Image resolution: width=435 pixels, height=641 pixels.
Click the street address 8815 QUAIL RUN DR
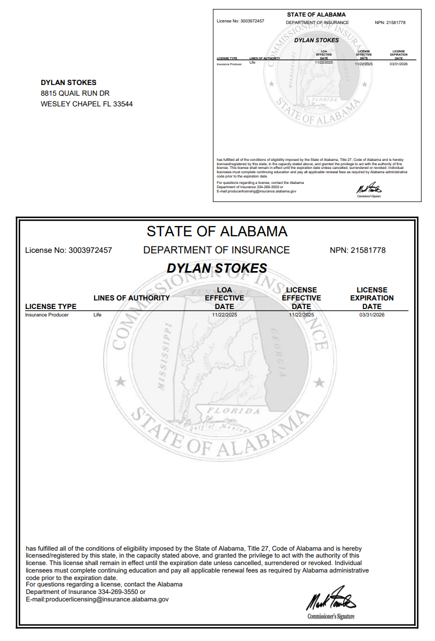[75, 93]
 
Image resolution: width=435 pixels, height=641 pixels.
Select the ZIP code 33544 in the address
[123, 104]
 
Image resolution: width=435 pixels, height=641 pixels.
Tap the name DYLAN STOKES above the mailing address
[68, 82]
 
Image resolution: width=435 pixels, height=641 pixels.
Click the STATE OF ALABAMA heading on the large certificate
[217, 231]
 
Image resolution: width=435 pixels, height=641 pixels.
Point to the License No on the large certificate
[68, 250]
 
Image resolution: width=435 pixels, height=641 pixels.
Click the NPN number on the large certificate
[358, 250]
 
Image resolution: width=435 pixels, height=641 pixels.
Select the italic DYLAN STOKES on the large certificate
[217, 268]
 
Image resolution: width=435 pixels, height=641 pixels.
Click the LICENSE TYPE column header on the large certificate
[51, 306]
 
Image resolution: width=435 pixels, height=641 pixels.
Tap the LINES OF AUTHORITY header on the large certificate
[131, 298]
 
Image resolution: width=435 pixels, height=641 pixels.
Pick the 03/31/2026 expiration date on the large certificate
[372, 315]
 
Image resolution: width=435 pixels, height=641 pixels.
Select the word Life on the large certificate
[97, 315]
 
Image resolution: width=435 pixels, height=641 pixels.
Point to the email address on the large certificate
[97, 600]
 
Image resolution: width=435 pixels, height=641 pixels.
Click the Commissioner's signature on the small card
[369, 189]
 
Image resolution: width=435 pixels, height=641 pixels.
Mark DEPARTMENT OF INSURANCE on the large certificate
[216, 250]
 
